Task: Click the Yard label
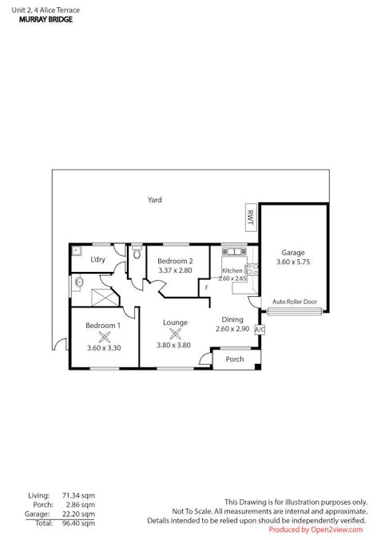155,200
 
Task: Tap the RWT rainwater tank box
250,216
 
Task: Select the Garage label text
292,253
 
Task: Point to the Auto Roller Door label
295,302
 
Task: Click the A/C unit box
260,329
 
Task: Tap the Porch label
235,359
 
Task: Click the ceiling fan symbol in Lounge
175,334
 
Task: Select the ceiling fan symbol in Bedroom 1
103,337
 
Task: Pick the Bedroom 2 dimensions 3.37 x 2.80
175,271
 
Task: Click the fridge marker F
205,287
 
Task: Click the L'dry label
98,260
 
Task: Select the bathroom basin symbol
79,282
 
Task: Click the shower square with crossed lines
104,296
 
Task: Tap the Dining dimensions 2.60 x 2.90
232,329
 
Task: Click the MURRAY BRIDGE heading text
46,19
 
